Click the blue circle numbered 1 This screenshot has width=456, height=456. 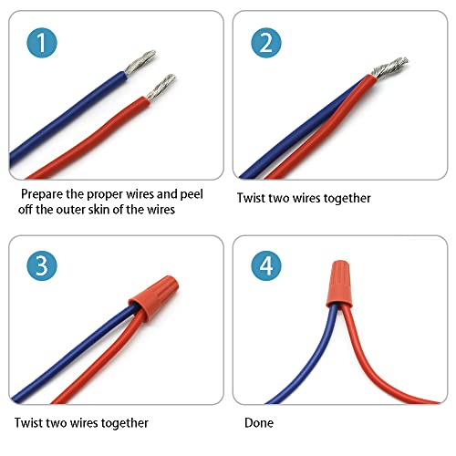pos(42,43)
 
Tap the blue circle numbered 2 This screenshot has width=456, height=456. pos(266,43)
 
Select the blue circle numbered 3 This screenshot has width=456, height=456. pos(42,265)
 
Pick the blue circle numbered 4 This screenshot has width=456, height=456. pos(266,265)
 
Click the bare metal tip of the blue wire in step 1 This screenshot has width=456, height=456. pos(140,62)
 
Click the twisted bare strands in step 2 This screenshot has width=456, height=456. pos(389,68)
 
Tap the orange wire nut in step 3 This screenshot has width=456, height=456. pos(154,296)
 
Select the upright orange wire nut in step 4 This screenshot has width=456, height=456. pos(339,283)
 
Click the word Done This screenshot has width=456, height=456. pos(259,423)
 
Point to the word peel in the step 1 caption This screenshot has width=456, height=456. pos(192,194)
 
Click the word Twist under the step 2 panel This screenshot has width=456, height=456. pos(249,198)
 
